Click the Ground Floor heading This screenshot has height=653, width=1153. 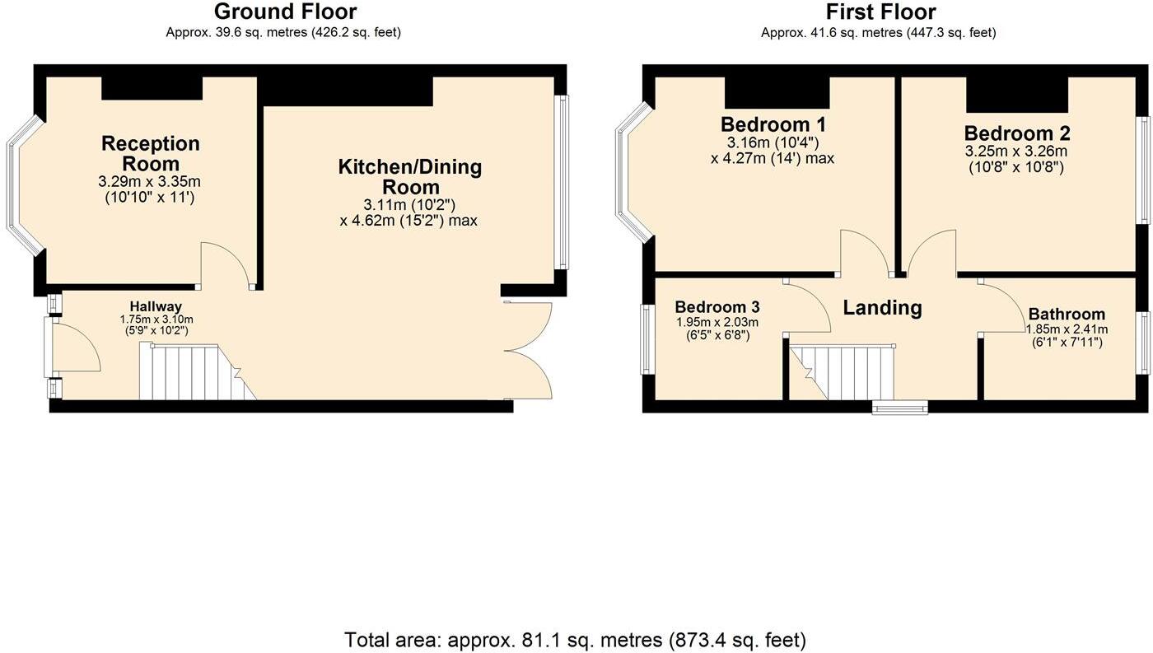click(285, 12)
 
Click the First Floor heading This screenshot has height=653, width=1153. click(880, 12)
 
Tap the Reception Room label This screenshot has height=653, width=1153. click(150, 153)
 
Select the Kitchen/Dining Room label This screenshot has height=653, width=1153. click(409, 177)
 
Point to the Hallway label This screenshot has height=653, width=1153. click(155, 307)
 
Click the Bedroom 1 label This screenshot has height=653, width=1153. click(773, 125)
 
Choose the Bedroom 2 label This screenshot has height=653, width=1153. click(1016, 133)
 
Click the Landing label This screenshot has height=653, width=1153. click(881, 308)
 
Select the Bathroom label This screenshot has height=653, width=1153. click(1067, 315)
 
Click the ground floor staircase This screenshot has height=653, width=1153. click(194, 372)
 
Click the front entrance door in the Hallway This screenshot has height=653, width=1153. click(74, 349)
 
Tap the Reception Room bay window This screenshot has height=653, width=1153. click(22, 186)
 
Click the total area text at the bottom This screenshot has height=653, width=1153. click(575, 639)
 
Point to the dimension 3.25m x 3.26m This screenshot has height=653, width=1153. click(1016, 152)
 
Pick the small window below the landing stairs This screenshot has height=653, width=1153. click(900, 406)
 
